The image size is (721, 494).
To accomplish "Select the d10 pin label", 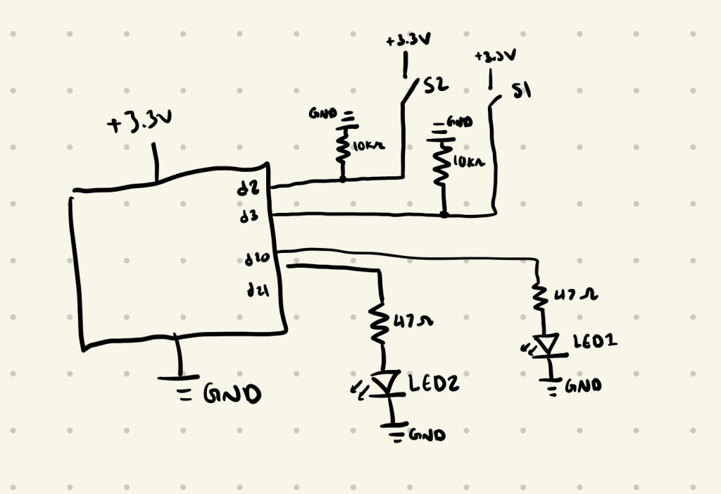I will [x=254, y=261].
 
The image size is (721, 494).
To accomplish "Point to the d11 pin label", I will [x=254, y=290].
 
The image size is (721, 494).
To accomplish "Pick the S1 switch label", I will [x=521, y=92].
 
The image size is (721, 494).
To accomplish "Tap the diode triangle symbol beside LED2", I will [x=384, y=384].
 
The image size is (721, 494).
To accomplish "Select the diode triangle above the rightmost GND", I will [x=546, y=343].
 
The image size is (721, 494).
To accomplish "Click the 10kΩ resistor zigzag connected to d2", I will [x=343, y=148].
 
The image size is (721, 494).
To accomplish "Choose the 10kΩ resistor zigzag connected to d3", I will [x=442, y=165].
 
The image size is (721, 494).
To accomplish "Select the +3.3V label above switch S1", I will [x=494, y=56].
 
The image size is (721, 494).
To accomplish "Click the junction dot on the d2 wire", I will [x=343, y=179].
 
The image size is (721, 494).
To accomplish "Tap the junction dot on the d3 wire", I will [x=444, y=214].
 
